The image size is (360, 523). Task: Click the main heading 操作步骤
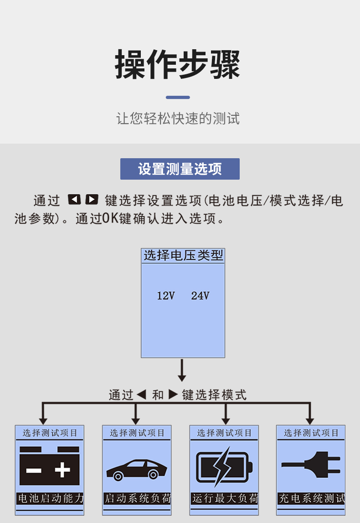click(177, 65)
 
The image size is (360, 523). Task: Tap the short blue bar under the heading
click(178, 97)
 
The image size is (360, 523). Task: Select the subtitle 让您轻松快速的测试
click(178, 119)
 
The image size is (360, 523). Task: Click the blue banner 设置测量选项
click(180, 169)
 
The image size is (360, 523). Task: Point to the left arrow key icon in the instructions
click(74, 199)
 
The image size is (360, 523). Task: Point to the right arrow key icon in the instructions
click(92, 199)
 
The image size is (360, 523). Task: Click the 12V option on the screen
click(166, 296)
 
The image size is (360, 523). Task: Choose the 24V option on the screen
click(200, 296)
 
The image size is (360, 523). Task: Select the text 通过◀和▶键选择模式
click(177, 395)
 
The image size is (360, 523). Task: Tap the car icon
click(137, 469)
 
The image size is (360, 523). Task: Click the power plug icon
click(311, 465)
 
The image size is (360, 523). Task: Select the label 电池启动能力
click(50, 498)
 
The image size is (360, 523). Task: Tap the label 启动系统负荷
click(137, 498)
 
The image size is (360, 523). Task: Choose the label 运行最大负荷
click(225, 498)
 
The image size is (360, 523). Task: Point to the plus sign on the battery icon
click(62, 470)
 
